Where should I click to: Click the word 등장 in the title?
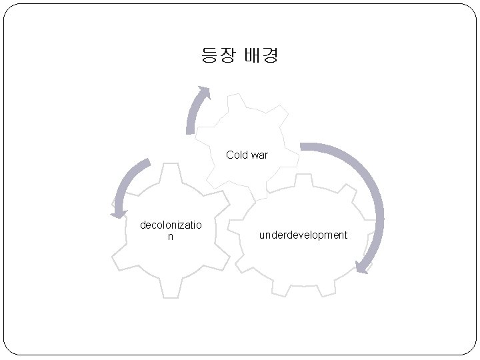[219, 55]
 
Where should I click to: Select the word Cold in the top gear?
[237, 155]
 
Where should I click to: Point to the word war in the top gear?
[259, 155]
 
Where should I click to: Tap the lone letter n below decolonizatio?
[170, 236]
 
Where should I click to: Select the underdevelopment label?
[303, 235]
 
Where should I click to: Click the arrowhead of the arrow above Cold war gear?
[205, 93]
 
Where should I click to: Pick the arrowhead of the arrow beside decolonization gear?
[119, 213]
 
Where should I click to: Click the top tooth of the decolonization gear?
[171, 171]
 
